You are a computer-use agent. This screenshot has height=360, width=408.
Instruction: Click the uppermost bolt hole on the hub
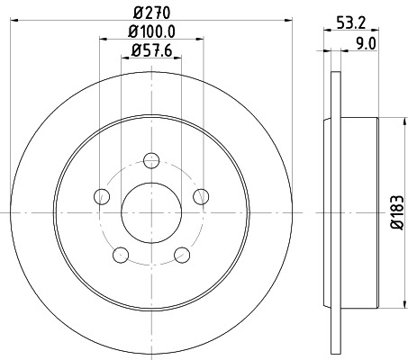pyautogui.click(x=151, y=161)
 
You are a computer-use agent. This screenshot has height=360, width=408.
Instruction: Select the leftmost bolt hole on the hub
pyautogui.click(x=102, y=197)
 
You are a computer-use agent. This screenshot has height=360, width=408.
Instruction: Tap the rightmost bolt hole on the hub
pyautogui.click(x=202, y=197)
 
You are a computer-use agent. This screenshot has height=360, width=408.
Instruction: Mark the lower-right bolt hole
pyautogui.click(x=183, y=254)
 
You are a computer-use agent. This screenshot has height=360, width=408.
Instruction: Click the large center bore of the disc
pyautogui.click(x=151, y=212)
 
